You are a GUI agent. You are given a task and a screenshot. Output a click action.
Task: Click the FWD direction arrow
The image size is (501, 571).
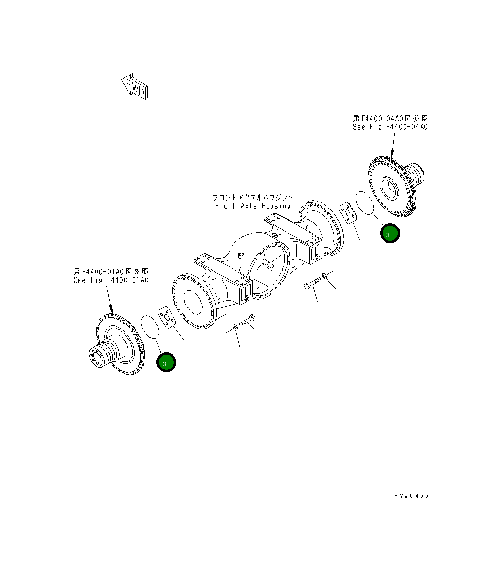[x=135, y=87]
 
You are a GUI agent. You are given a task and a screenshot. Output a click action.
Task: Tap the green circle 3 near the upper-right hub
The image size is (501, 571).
[x=390, y=234]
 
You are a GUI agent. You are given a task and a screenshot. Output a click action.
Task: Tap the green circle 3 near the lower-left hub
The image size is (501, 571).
[x=166, y=363]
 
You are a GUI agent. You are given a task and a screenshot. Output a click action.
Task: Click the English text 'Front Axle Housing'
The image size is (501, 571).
[x=252, y=206]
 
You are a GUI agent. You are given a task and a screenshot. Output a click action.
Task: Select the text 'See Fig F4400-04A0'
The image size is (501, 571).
[x=390, y=127]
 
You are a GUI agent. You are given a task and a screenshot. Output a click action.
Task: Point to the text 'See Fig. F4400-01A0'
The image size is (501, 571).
[x=111, y=280]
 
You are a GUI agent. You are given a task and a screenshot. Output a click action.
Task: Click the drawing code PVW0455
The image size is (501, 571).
[x=411, y=495]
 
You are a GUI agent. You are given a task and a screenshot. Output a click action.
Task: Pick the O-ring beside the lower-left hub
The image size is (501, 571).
[x=150, y=326]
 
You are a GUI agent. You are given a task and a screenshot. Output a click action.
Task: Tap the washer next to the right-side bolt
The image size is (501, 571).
[x=325, y=277]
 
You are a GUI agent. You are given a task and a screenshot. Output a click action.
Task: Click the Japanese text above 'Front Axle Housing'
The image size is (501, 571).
[x=252, y=197]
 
